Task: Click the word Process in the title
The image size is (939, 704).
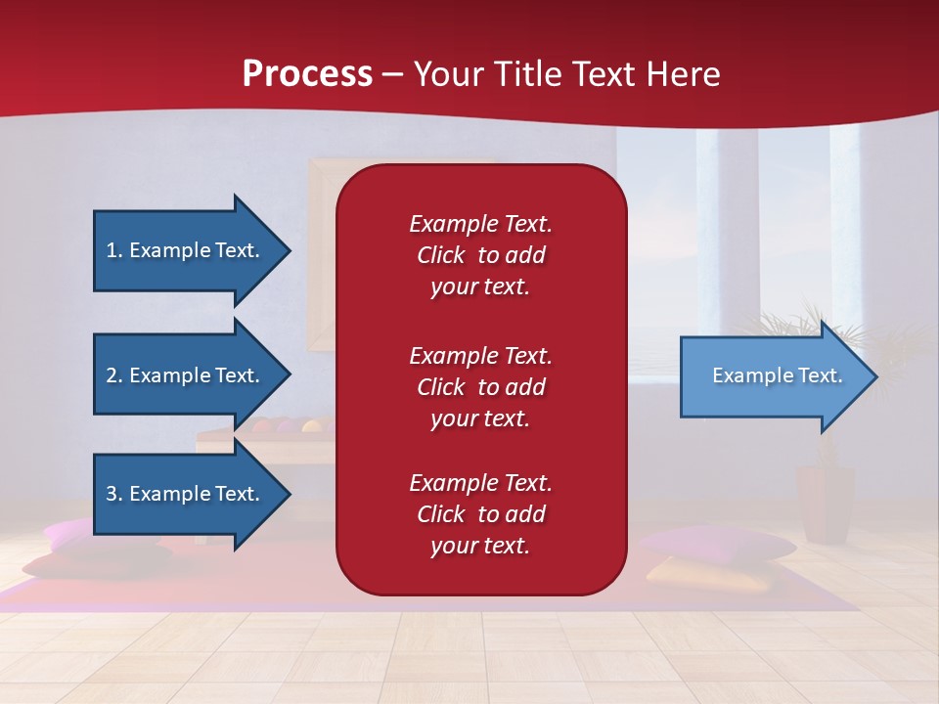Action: [307, 74]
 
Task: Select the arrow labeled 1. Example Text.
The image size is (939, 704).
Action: [183, 250]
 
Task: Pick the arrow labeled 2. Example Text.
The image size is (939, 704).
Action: [183, 375]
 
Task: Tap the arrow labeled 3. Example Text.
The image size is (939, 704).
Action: [183, 494]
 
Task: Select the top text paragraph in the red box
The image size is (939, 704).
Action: [480, 255]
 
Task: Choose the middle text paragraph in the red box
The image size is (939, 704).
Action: [480, 387]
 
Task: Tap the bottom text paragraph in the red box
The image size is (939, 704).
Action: [480, 514]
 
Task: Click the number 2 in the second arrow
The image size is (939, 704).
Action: [112, 375]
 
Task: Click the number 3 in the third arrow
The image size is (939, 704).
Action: [112, 494]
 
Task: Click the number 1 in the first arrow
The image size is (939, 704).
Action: [112, 250]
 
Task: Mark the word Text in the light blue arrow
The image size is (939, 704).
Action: [820, 375]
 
